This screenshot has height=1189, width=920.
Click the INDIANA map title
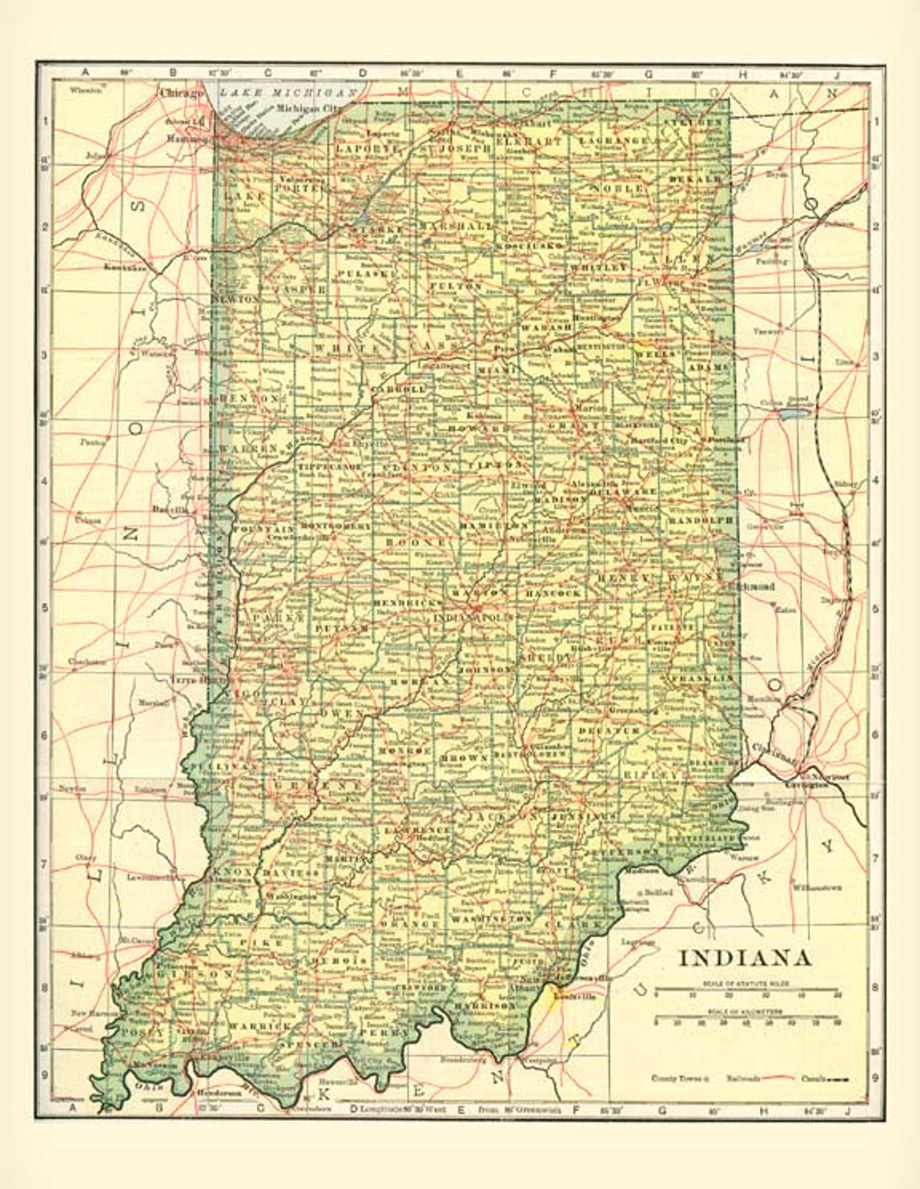tap(744, 957)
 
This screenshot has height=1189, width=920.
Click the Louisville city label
tap(579, 997)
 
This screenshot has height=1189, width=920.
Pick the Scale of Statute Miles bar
tap(746, 989)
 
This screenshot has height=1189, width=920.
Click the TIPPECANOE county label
tap(328, 468)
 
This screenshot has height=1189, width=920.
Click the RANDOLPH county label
tap(700, 521)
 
